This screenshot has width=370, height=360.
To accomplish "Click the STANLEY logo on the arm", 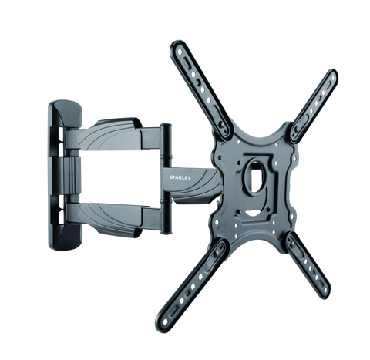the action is [180, 177].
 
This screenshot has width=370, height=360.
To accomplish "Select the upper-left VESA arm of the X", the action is [201, 90].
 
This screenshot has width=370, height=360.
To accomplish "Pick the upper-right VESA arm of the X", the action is [314, 106].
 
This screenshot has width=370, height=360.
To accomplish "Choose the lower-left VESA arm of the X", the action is [191, 284].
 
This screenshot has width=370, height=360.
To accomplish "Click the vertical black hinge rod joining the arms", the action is [166, 179].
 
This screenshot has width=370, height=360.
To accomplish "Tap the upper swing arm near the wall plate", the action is [113, 135].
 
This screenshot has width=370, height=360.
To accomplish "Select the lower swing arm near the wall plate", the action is [113, 218].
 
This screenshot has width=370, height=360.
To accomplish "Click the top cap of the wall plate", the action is [65, 113].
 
